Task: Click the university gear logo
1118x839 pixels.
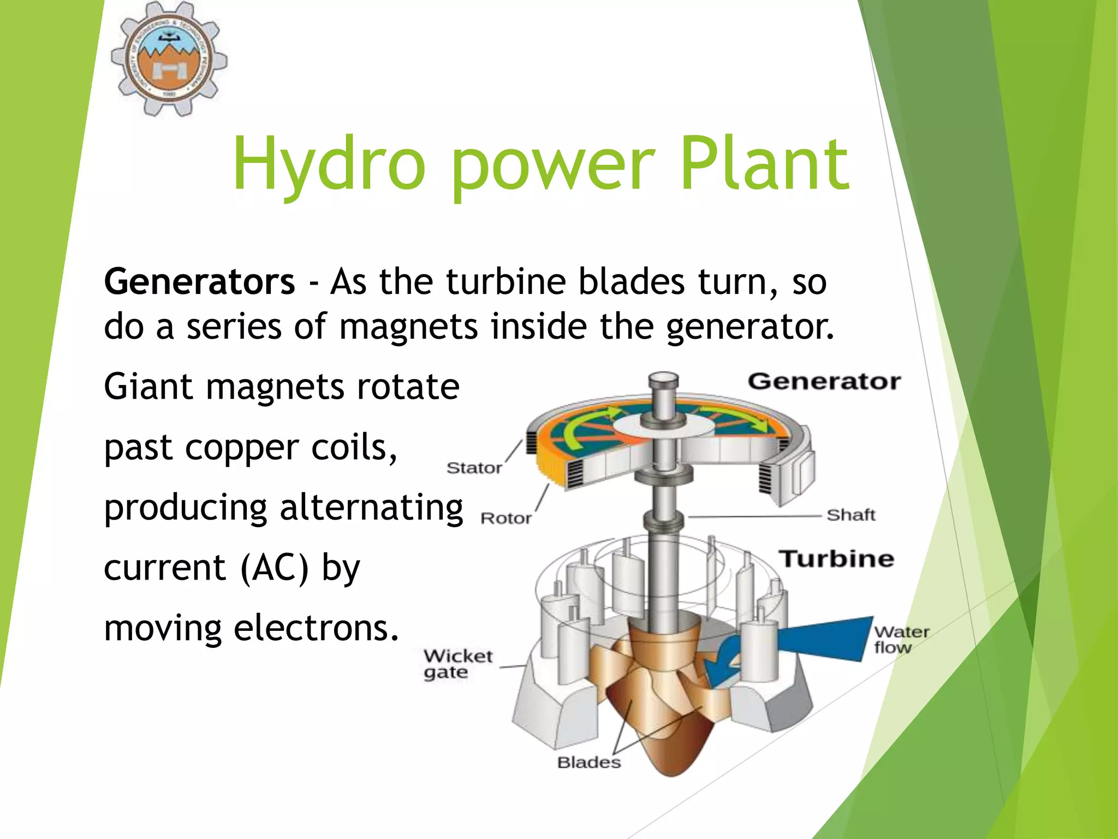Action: (x=169, y=58)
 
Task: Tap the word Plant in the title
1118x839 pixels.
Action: (x=765, y=164)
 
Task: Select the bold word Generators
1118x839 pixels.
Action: (x=199, y=282)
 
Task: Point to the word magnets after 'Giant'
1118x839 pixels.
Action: (x=276, y=387)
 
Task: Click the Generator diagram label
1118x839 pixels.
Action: (x=824, y=381)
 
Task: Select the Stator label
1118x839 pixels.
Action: (x=474, y=468)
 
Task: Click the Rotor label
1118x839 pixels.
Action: (x=506, y=518)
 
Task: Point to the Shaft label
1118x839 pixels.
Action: (x=851, y=515)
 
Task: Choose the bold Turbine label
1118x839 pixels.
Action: (x=836, y=559)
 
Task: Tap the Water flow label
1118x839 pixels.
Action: (x=901, y=640)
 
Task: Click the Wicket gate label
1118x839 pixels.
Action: (x=457, y=664)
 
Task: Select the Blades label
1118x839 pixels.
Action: (x=588, y=762)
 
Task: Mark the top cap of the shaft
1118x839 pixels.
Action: (x=663, y=378)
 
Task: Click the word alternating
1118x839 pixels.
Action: (x=371, y=507)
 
